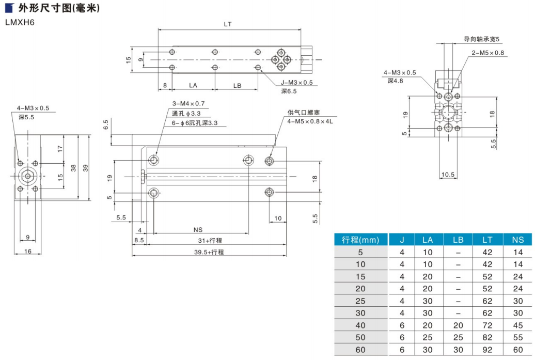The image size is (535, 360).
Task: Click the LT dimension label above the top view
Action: click(x=228, y=24)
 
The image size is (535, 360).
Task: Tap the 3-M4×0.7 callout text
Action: click(x=188, y=103)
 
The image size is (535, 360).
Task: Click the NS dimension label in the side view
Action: click(x=197, y=230)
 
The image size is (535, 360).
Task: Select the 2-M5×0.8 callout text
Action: click(x=487, y=53)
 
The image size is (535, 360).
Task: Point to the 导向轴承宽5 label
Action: click(x=482, y=39)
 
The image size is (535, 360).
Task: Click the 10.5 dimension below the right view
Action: click(x=448, y=175)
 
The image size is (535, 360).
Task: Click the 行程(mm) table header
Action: click(x=360, y=240)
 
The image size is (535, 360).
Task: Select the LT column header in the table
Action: click(x=487, y=240)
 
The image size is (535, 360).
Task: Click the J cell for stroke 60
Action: click(x=403, y=349)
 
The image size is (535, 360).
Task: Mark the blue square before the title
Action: click(x=9, y=8)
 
